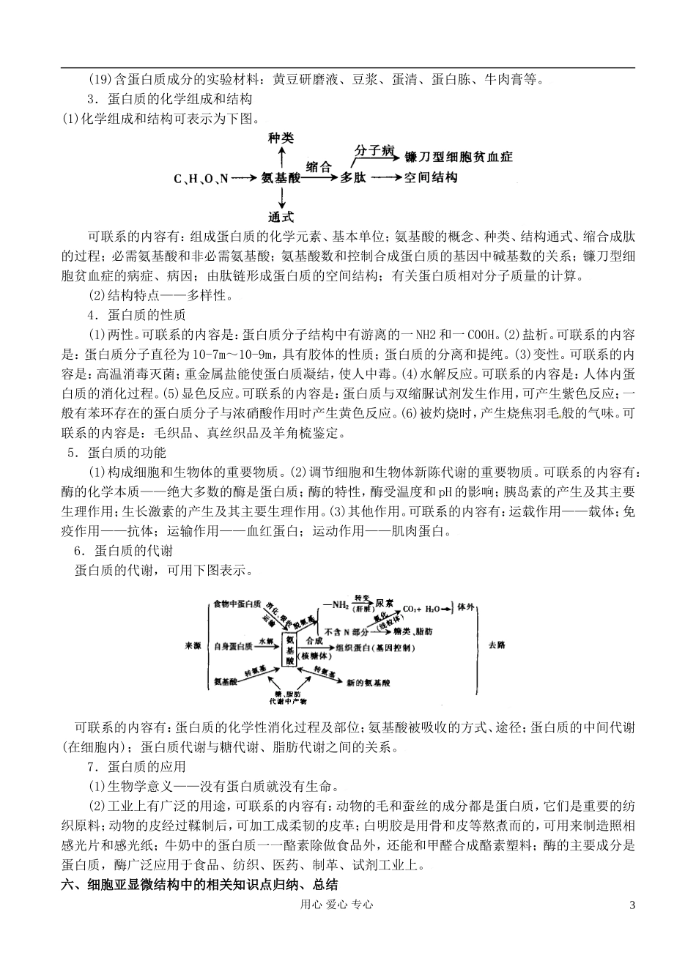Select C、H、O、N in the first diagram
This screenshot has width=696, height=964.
(201, 178)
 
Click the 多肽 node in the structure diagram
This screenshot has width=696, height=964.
(352, 178)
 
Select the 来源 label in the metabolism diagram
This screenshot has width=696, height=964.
(193, 645)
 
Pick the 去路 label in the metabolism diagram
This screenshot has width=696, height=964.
(496, 645)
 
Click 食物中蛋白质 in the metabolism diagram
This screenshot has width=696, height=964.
(237, 604)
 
